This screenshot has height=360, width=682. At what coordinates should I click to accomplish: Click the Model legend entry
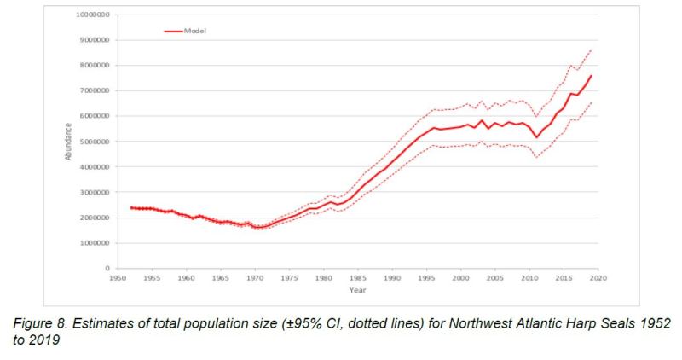pos(195,31)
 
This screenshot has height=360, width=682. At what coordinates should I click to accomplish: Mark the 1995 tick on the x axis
pos(426,278)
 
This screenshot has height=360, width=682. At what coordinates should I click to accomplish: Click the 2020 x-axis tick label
pos(598,278)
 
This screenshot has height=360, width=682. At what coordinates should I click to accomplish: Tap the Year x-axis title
pos(357,289)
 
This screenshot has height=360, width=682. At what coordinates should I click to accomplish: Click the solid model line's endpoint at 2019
pos(591,76)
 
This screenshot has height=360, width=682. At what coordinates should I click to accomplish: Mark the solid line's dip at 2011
pos(536,137)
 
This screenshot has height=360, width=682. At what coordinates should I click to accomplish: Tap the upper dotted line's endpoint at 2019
pos(591,50)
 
